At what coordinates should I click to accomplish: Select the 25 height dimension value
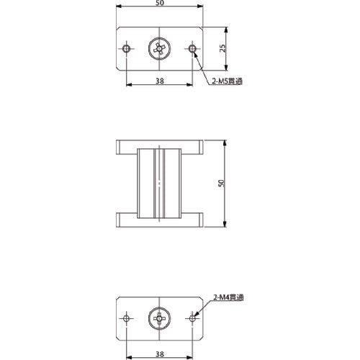tap(224, 48)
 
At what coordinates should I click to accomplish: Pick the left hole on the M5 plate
tap(127, 49)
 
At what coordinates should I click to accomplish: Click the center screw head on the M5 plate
tap(159, 49)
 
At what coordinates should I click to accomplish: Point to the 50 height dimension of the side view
tap(222, 184)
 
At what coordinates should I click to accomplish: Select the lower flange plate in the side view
tap(159, 219)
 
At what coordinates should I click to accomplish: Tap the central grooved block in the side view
tap(159, 184)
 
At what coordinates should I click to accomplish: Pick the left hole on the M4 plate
tap(127, 317)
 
